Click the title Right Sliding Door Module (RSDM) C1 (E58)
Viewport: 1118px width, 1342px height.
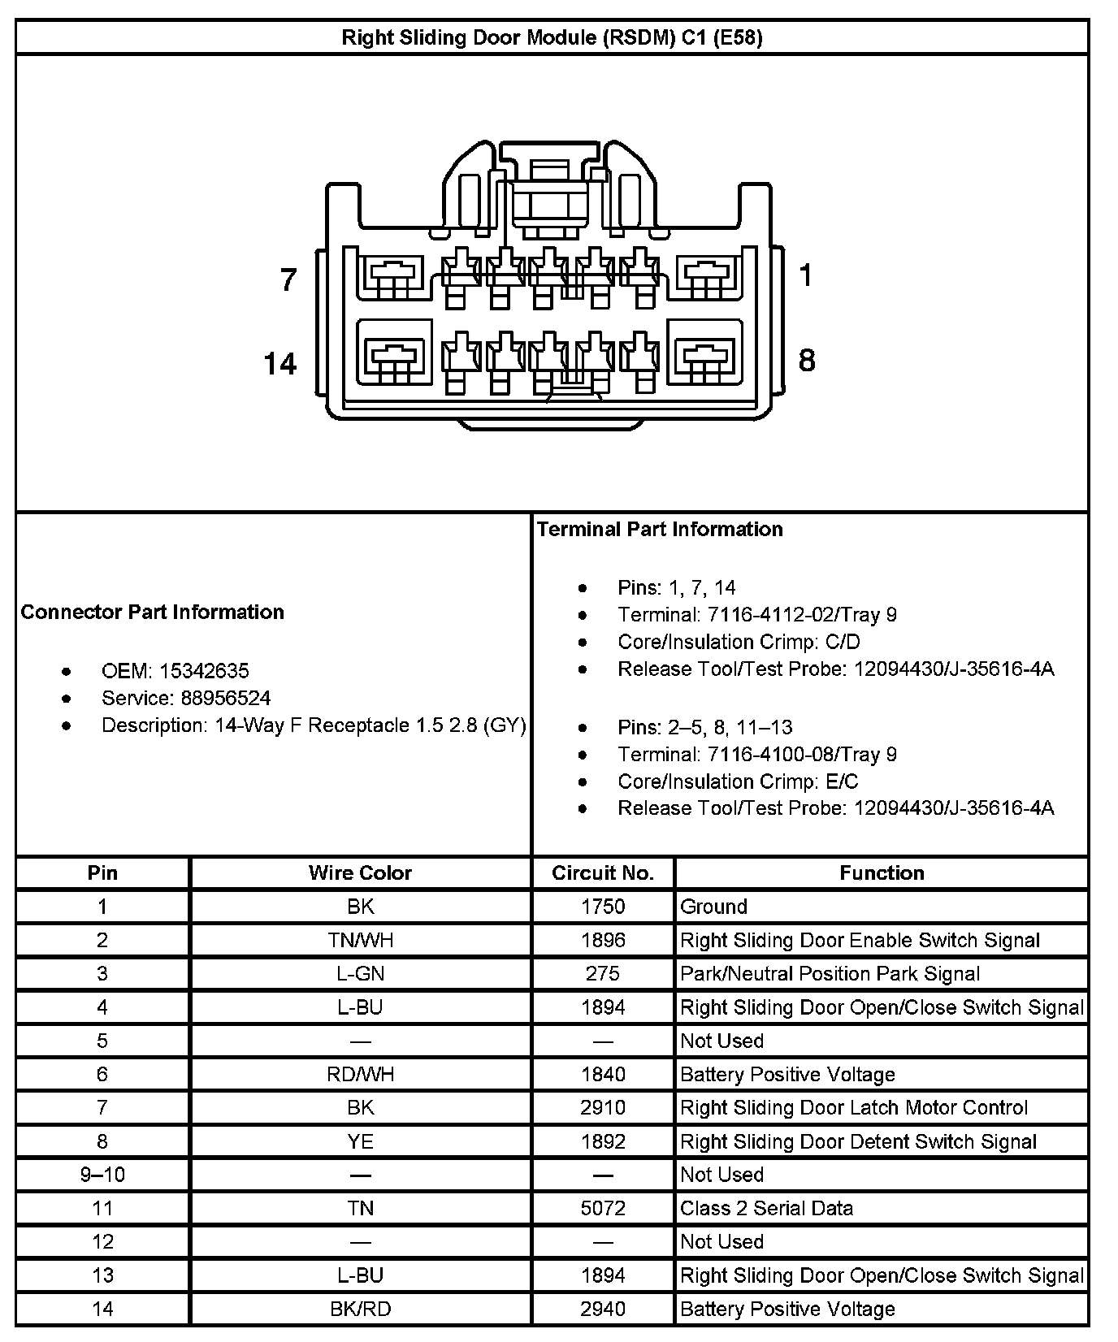click(x=552, y=37)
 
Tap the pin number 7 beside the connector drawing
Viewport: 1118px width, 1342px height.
click(x=288, y=279)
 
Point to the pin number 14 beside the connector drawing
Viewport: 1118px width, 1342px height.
click(x=280, y=363)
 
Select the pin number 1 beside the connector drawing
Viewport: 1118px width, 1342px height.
click(x=805, y=275)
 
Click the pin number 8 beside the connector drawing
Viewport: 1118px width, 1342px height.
click(x=806, y=360)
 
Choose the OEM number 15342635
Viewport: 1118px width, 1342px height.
click(x=204, y=671)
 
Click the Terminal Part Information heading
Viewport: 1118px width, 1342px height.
click(x=660, y=530)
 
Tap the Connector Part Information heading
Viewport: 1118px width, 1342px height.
click(x=153, y=612)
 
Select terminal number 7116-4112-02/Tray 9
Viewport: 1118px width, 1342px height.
click(x=802, y=615)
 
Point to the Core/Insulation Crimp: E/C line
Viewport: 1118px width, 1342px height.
click(x=738, y=781)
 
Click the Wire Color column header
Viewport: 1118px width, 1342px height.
click(x=360, y=872)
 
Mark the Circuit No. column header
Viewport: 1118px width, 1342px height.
click(x=603, y=872)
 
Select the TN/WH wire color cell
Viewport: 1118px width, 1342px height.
click(x=360, y=940)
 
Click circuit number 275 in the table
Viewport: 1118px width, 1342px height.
click(x=603, y=973)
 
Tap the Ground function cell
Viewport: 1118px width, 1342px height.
click(x=713, y=907)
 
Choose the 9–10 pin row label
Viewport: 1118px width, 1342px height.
click(x=102, y=1175)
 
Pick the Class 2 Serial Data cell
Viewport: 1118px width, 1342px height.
click(x=766, y=1208)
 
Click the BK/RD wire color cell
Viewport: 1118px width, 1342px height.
click(x=360, y=1309)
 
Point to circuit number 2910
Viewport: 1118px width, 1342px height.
click(x=603, y=1107)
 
